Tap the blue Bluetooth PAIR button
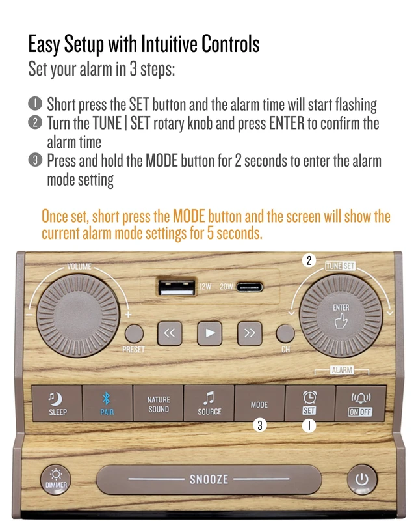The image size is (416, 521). (107, 403)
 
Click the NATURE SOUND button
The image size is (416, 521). (158, 403)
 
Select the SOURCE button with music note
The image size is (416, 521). (209, 403)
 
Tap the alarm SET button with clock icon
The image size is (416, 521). (310, 403)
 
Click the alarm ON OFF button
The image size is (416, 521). (361, 403)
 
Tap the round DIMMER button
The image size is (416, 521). (56, 479)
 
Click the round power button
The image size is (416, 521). (362, 479)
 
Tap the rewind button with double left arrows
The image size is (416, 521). (170, 333)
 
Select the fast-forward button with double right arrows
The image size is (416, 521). (250, 333)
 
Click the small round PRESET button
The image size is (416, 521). (134, 333)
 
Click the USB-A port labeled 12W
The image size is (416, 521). (176, 287)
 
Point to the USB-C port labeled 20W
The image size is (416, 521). (250, 287)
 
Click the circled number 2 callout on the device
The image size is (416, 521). (309, 260)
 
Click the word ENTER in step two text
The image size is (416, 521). (287, 123)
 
